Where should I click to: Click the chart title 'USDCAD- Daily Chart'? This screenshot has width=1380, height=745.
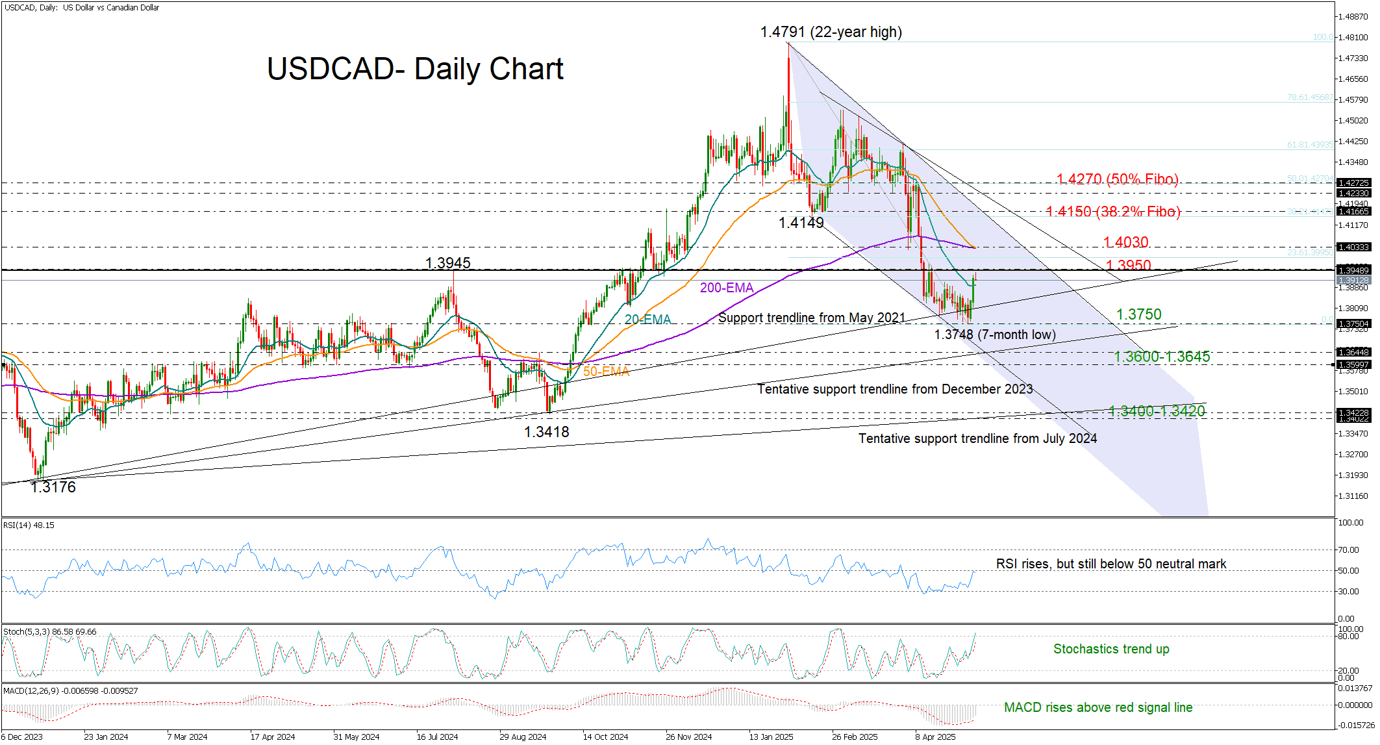tap(415, 69)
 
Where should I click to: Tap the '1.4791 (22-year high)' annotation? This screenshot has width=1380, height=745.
tap(831, 32)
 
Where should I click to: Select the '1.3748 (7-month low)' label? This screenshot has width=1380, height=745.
tap(994, 335)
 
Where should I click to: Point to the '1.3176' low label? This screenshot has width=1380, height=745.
tap(53, 487)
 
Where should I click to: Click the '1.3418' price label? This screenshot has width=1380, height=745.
tap(546, 432)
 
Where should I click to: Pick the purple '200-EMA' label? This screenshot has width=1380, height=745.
tap(726, 288)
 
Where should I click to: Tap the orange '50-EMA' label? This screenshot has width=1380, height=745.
tap(606, 372)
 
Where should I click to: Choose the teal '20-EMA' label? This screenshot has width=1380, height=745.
tap(647, 320)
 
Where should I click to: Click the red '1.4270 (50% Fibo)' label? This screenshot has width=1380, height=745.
tap(1117, 179)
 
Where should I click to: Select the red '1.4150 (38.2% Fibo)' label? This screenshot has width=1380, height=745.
tap(1113, 212)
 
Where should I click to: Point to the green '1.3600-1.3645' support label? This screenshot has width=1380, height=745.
tap(1162, 357)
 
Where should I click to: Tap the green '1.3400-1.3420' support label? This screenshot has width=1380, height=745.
tap(1157, 411)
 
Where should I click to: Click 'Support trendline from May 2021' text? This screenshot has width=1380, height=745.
tap(811, 318)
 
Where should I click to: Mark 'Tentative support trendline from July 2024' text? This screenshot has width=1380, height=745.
tap(977, 438)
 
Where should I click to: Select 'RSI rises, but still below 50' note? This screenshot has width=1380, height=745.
tap(1111, 564)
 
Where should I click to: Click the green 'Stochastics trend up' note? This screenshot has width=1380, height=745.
tap(1111, 649)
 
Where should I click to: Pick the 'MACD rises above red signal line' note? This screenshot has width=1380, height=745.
tap(1098, 707)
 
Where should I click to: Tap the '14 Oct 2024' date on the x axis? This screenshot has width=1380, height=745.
tap(605, 737)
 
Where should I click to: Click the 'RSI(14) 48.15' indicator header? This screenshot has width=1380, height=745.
tap(29, 525)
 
